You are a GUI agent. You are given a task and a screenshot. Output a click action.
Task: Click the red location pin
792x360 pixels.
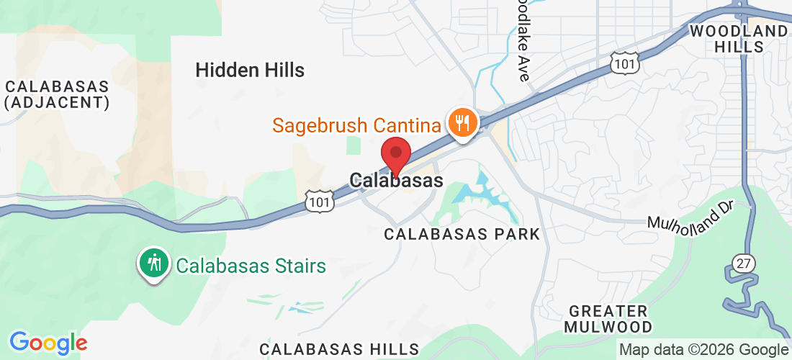tap(395, 152)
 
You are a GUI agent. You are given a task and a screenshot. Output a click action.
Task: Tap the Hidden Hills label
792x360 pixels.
tap(250, 70)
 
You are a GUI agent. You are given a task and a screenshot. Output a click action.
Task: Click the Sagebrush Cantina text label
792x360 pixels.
tap(356, 126)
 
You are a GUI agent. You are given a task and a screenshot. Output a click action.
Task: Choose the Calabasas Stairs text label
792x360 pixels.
tap(251, 266)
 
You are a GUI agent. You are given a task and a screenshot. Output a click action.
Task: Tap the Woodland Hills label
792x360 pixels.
tap(739, 39)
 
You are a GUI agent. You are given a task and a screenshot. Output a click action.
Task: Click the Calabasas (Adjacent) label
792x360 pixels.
tap(57, 94)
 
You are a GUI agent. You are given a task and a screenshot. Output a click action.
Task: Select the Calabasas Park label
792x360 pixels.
tap(462, 234)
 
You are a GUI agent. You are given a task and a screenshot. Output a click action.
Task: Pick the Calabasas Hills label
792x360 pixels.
tap(338, 349)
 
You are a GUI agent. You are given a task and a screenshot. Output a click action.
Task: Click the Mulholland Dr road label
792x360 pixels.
tap(689, 217)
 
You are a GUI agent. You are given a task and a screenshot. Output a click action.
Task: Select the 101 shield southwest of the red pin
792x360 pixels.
tap(319, 201)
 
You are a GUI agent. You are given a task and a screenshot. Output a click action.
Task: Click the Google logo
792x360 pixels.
tap(48, 343)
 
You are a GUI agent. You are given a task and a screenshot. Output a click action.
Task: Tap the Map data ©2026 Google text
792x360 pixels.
tap(703, 350)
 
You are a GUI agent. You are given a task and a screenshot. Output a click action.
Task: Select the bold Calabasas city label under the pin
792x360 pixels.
tap(396, 180)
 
